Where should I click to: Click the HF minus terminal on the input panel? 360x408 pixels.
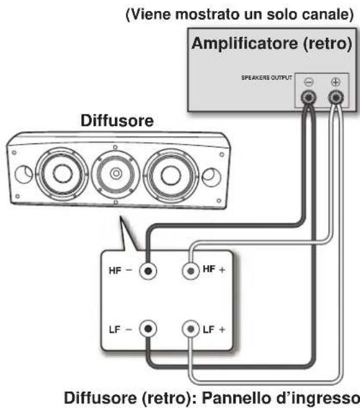(x=148, y=271)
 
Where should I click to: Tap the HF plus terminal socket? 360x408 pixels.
(x=191, y=271)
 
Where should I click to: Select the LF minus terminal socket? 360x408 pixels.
(x=148, y=329)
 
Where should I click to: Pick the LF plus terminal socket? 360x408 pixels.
(x=191, y=329)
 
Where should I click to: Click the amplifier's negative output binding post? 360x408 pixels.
(x=309, y=98)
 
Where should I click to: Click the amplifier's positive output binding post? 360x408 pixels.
(x=336, y=98)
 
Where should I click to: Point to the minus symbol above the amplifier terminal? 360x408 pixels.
(x=309, y=82)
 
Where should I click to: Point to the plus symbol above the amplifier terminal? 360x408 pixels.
(x=336, y=82)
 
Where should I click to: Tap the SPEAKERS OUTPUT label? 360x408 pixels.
(x=267, y=78)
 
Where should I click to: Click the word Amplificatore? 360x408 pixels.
(x=244, y=43)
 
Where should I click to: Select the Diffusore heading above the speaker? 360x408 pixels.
(x=117, y=121)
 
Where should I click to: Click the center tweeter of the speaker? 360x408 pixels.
(x=116, y=173)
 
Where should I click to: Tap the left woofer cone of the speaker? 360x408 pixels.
(x=62, y=174)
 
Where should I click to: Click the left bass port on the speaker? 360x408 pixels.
(x=24, y=174)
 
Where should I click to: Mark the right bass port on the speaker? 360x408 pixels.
(x=212, y=177)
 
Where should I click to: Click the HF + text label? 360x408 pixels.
(x=213, y=270)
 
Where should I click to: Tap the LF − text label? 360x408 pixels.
(x=121, y=330)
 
